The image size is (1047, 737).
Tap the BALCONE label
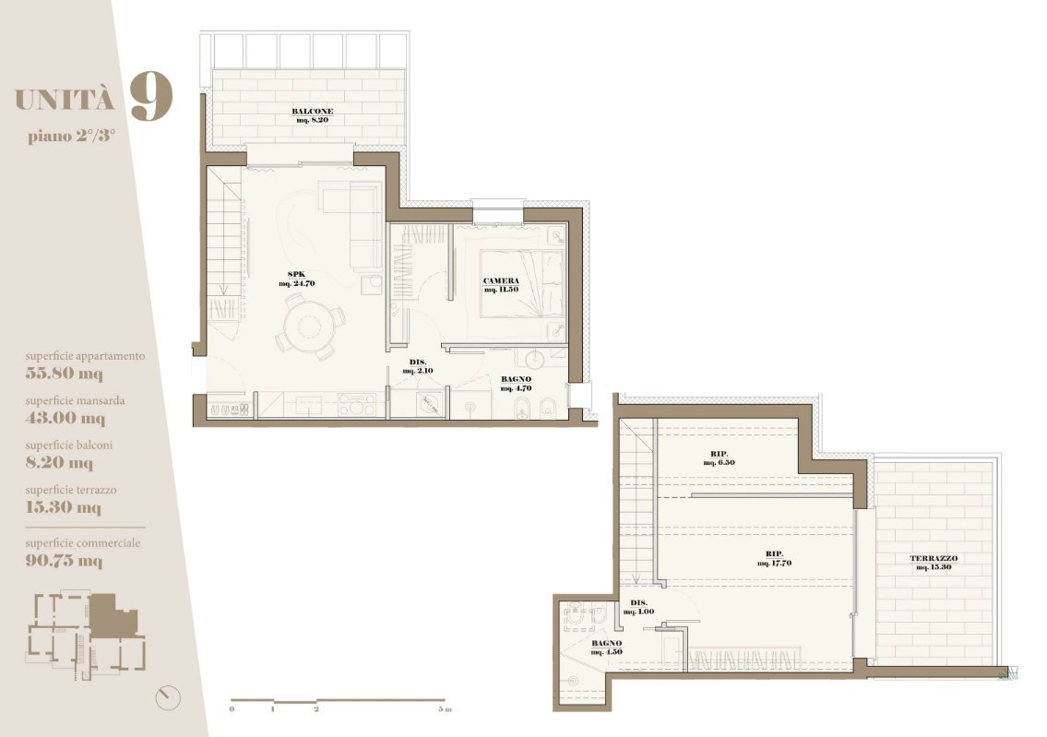(x=313, y=111)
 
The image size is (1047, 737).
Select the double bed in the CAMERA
(x=521, y=285)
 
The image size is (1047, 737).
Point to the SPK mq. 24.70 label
(x=296, y=279)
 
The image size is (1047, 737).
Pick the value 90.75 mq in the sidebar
(x=64, y=560)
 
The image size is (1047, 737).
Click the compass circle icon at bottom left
(x=168, y=697)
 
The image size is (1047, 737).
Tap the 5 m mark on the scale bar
(x=445, y=709)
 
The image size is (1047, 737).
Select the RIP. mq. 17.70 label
(x=775, y=558)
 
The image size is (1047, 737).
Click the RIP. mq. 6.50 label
(x=720, y=458)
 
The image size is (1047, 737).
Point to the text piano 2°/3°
(x=71, y=137)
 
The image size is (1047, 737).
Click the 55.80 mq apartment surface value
(x=64, y=374)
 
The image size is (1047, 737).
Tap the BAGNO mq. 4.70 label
(x=517, y=383)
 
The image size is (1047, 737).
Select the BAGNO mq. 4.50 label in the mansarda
(x=607, y=648)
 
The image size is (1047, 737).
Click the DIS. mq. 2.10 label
(x=418, y=366)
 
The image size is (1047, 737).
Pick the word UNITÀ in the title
(x=65, y=101)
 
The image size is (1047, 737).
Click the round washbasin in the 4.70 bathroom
(x=535, y=358)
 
